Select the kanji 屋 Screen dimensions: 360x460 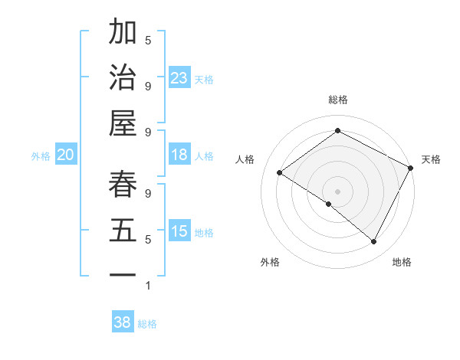click(123, 123)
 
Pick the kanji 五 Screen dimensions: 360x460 click(123, 231)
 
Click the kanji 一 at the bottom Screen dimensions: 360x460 click(123, 274)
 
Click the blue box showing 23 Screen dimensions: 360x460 click(179, 78)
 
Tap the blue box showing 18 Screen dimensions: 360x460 click(179, 155)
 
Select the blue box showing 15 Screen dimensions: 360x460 click(179, 231)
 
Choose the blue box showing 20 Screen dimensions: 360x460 click(66, 155)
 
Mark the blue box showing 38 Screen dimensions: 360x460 click(123, 322)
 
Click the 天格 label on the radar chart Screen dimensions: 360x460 click(431, 159)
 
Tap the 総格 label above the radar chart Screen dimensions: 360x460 click(337, 100)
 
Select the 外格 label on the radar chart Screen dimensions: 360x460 click(270, 262)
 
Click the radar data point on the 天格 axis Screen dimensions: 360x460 click(411, 168)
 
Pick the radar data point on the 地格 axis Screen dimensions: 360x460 click(374, 241)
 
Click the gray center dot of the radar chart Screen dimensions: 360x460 click(337, 191)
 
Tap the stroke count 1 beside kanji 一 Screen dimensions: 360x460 click(148, 286)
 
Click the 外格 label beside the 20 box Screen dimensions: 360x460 click(41, 155)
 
